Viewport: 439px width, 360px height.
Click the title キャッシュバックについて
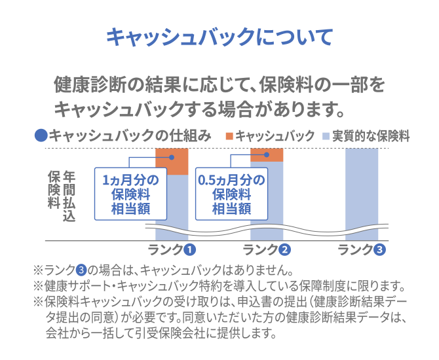(x=220, y=37)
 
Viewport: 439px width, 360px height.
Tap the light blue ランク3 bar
(x=362, y=194)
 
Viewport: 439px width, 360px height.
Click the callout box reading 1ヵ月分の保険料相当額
(x=131, y=194)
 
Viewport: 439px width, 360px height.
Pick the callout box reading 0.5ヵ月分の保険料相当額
(x=231, y=194)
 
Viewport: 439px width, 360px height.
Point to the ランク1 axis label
(x=172, y=250)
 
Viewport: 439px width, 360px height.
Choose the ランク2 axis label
(x=267, y=250)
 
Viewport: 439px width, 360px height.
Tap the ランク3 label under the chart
(x=362, y=250)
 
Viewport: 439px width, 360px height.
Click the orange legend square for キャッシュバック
(x=229, y=136)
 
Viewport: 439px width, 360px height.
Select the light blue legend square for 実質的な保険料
(x=326, y=136)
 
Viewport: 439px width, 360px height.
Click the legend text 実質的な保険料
(x=371, y=136)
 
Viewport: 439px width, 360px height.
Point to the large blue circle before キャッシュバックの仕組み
(x=41, y=135)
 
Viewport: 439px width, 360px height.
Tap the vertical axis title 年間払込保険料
(x=62, y=196)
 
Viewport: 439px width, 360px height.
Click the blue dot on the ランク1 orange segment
(x=172, y=158)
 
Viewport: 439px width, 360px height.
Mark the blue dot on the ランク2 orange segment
(x=267, y=154)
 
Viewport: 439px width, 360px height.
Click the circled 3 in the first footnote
(x=81, y=270)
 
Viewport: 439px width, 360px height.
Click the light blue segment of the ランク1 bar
(x=172, y=207)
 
